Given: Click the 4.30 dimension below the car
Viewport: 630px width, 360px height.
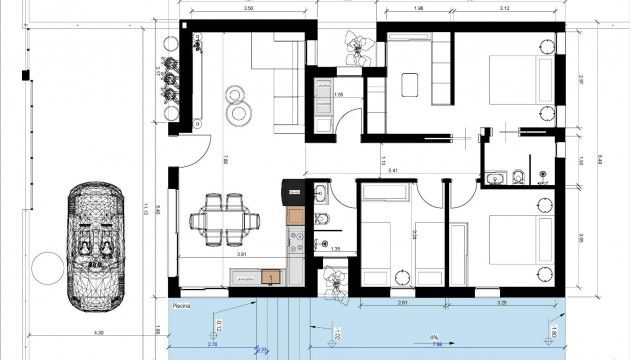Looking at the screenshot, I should [99, 332].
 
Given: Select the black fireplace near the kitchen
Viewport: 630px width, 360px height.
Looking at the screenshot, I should [291, 189].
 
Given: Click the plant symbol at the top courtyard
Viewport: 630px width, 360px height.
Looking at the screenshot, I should [356, 45].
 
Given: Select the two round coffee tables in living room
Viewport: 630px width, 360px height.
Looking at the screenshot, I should [238, 104].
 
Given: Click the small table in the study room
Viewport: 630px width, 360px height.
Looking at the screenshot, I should [411, 85].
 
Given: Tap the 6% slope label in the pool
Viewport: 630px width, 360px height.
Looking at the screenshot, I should [434, 338].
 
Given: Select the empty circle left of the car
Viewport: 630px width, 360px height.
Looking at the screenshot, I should [45, 267].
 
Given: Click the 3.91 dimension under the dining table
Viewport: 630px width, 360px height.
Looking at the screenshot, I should [241, 255].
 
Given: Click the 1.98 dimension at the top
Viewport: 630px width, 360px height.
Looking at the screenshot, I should [418, 9].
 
